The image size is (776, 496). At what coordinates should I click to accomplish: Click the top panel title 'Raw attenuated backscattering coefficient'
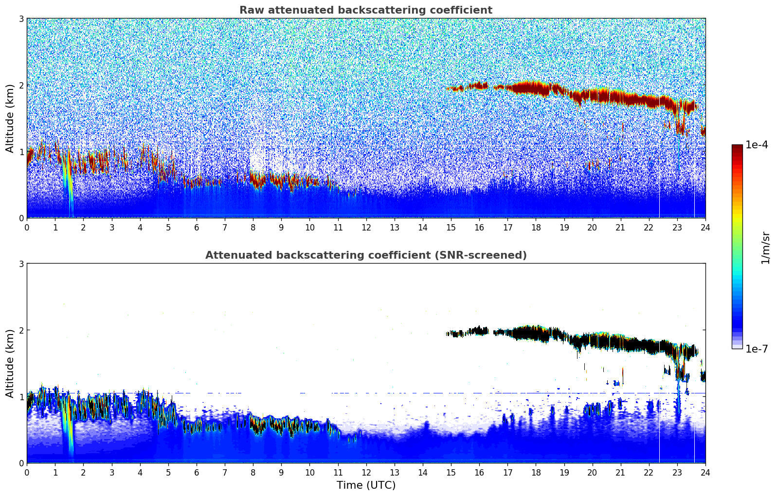coord(365,10)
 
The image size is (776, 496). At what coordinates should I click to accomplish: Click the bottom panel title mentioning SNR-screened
coord(365,255)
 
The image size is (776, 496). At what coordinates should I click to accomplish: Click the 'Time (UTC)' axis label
coord(366,485)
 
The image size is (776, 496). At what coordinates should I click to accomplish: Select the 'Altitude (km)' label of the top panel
coord(10,118)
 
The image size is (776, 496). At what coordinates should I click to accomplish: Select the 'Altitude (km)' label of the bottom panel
coord(10,363)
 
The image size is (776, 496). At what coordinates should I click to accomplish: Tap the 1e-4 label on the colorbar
coord(757,145)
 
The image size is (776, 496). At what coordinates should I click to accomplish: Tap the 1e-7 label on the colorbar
coord(757,349)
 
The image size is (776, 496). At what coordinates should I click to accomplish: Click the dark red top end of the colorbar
coord(737,147)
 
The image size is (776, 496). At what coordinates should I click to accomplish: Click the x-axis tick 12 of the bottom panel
coord(366,472)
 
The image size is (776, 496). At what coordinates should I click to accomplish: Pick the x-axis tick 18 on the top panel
coord(536,227)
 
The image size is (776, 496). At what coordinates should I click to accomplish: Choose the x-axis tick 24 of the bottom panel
coord(705,472)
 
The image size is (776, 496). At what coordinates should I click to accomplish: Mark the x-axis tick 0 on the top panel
coord(27,227)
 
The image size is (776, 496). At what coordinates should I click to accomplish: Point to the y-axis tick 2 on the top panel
coord(21,85)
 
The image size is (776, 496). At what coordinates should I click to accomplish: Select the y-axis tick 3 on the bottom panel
coord(21,264)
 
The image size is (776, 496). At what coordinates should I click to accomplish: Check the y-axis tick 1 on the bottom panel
coord(21,397)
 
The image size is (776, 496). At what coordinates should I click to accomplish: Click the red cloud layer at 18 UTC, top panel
coord(536,89)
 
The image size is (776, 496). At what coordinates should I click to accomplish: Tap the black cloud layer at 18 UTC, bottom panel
coord(536,333)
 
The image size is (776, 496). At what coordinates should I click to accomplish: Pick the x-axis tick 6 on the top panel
coord(197,227)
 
